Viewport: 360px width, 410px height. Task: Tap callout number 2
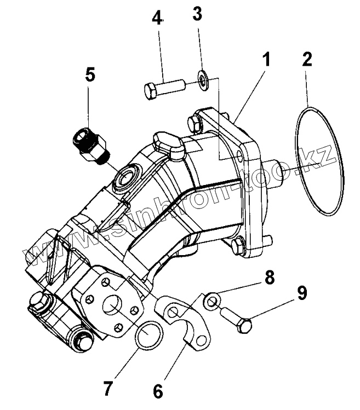(x=307, y=59)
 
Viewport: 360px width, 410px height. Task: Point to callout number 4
(x=158, y=19)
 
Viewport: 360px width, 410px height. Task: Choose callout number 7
(x=108, y=388)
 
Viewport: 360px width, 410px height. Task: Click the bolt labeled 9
(x=237, y=320)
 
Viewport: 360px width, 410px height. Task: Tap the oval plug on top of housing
(x=168, y=144)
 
